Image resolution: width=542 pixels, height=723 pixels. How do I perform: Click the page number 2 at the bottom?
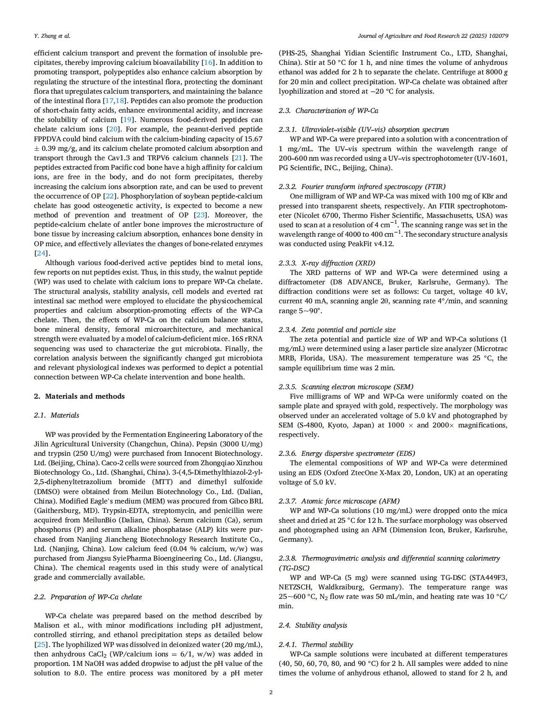(x=271, y=692)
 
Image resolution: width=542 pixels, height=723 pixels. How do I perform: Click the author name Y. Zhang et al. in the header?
(x=52, y=36)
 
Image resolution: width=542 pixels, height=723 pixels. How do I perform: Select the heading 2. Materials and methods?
(x=79, y=396)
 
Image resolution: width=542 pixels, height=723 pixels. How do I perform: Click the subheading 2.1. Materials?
(x=57, y=415)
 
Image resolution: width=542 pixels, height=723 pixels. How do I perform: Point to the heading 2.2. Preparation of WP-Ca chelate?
(x=88, y=597)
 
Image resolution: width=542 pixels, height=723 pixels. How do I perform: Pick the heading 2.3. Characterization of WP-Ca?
(x=329, y=110)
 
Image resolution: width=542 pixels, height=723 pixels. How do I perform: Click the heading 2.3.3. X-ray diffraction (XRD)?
(x=327, y=263)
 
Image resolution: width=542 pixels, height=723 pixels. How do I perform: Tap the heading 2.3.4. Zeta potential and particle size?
(x=337, y=329)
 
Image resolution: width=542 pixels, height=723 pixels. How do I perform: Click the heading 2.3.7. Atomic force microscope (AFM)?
(x=339, y=501)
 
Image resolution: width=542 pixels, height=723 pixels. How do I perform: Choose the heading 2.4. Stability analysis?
(x=313, y=625)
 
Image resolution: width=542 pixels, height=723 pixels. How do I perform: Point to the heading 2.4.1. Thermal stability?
(x=316, y=644)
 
